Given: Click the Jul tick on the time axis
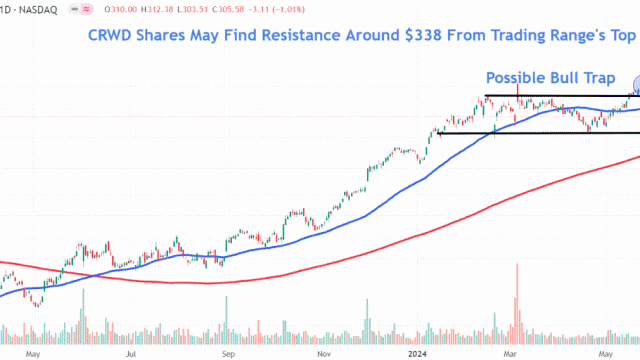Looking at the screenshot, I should pyautogui.click(x=131, y=353).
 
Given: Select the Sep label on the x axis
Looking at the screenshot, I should pyautogui.click(x=227, y=353).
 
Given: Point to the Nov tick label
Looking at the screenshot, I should pyautogui.click(x=323, y=353).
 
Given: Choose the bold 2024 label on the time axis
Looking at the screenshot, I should pyautogui.click(x=419, y=353).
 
